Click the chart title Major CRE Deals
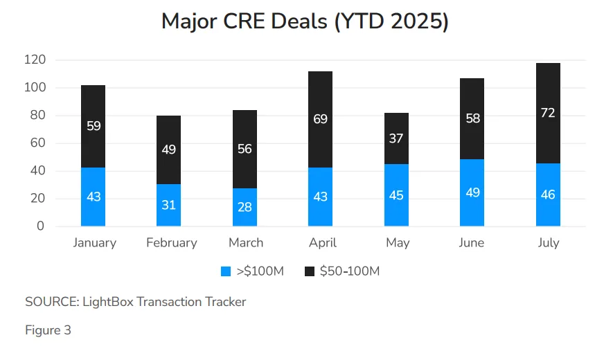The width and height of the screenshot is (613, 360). coord(305,21)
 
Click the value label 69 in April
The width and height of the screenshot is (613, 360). coord(320,119)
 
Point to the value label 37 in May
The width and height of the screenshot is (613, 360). coord(396,138)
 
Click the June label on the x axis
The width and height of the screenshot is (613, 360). coord(472,242)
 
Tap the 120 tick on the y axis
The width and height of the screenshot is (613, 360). coord(35,60)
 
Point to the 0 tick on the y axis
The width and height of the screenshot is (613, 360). coord(40,226)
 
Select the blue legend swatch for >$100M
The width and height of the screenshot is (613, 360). coord(225,271)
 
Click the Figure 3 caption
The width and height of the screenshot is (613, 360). coord(48,330)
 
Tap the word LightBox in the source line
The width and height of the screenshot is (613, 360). coord(107,302)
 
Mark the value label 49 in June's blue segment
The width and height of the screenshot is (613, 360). coord(472,192)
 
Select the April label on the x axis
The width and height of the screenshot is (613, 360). coord(321,242)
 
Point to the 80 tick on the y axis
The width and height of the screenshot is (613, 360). coord(37,116)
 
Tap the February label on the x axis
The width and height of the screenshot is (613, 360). coord(172,242)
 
